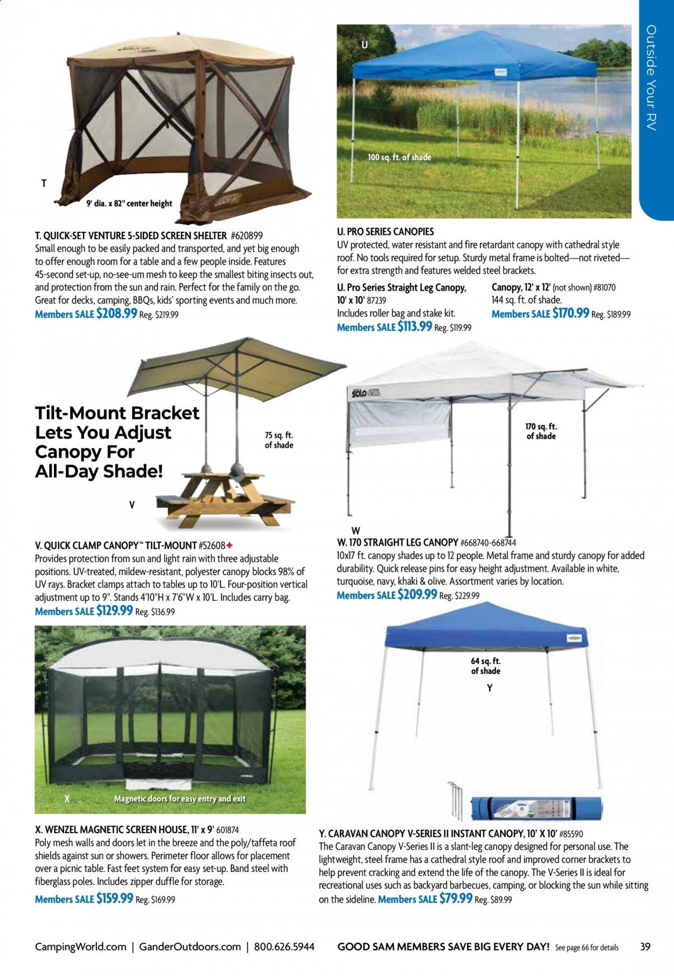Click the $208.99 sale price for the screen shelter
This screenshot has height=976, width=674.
(x=116, y=314)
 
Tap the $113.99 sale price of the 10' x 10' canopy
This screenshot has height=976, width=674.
(x=414, y=327)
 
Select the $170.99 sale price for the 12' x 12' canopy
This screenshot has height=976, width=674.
(x=570, y=313)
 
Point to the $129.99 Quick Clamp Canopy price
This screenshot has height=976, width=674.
(x=114, y=611)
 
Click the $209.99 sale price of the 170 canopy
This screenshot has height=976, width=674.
(x=417, y=594)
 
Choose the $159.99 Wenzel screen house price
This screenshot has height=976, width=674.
(x=114, y=898)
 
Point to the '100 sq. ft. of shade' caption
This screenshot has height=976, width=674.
(x=399, y=157)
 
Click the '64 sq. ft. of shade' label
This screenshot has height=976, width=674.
(x=485, y=666)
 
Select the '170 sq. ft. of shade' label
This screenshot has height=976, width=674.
(x=541, y=431)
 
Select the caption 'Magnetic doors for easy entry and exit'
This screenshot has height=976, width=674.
(x=180, y=799)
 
